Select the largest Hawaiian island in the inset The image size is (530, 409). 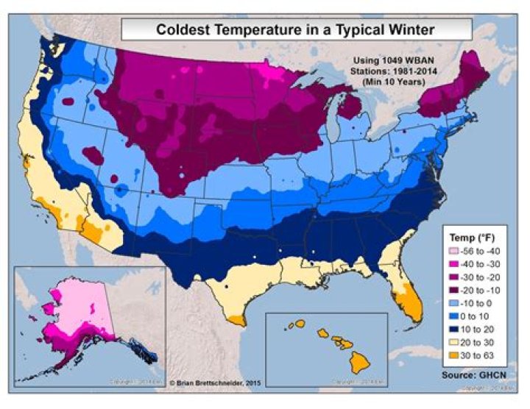pos(358,362)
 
